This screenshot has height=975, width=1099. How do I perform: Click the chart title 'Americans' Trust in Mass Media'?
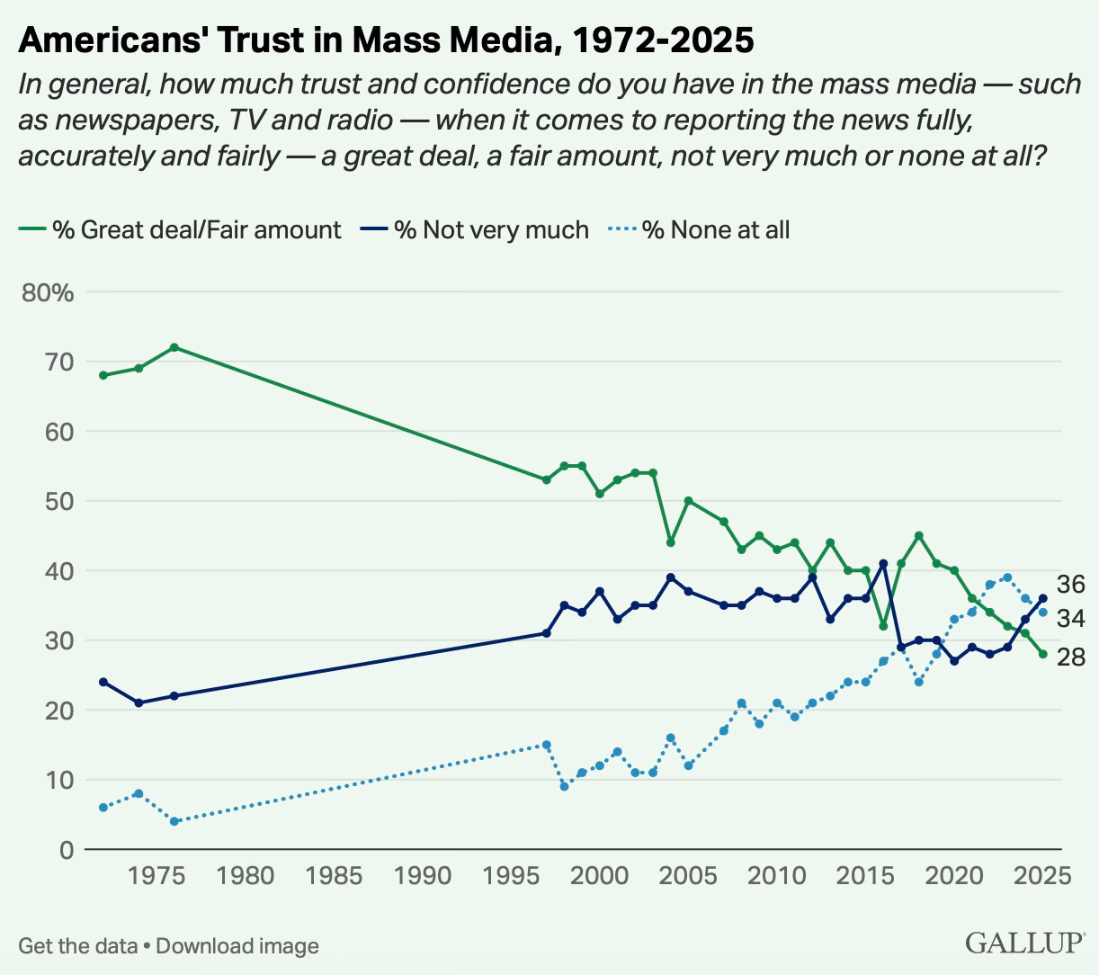click(x=385, y=40)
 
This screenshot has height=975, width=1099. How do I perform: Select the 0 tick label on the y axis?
click(x=66, y=849)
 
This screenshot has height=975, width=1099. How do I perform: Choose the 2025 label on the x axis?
click(x=1041, y=875)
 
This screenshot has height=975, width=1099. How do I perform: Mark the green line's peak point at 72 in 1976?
click(x=174, y=347)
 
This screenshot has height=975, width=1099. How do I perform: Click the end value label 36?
click(x=1070, y=584)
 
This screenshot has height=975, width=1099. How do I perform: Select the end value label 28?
click(x=1070, y=657)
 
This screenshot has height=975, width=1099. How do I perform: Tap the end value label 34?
click(x=1070, y=618)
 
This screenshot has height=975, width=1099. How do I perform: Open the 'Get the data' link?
click(x=77, y=946)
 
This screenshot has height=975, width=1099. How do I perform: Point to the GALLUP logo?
click(x=1025, y=943)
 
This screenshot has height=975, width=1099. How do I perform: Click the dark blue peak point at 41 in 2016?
click(x=883, y=564)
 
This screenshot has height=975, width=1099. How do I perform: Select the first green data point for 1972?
click(x=103, y=375)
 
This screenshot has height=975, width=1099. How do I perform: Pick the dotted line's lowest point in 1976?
click(x=174, y=821)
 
